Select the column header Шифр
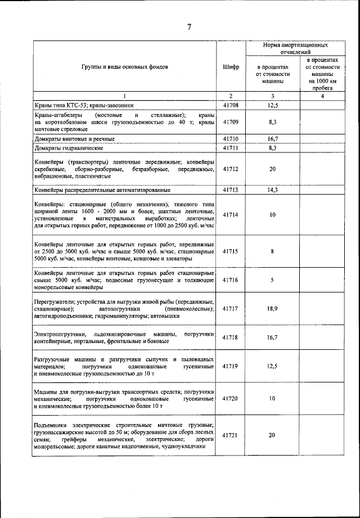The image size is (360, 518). point(231,66)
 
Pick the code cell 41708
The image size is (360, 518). point(231,105)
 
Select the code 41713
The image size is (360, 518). point(231,190)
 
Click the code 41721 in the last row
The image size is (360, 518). point(231,435)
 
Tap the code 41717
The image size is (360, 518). point(231,309)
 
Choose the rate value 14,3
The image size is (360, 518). point(272,190)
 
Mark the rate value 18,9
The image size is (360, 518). point(272,309)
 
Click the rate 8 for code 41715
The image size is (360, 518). point(272,251)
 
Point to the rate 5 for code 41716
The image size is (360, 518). point(272,280)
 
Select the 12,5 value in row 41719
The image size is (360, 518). point(272,366)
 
